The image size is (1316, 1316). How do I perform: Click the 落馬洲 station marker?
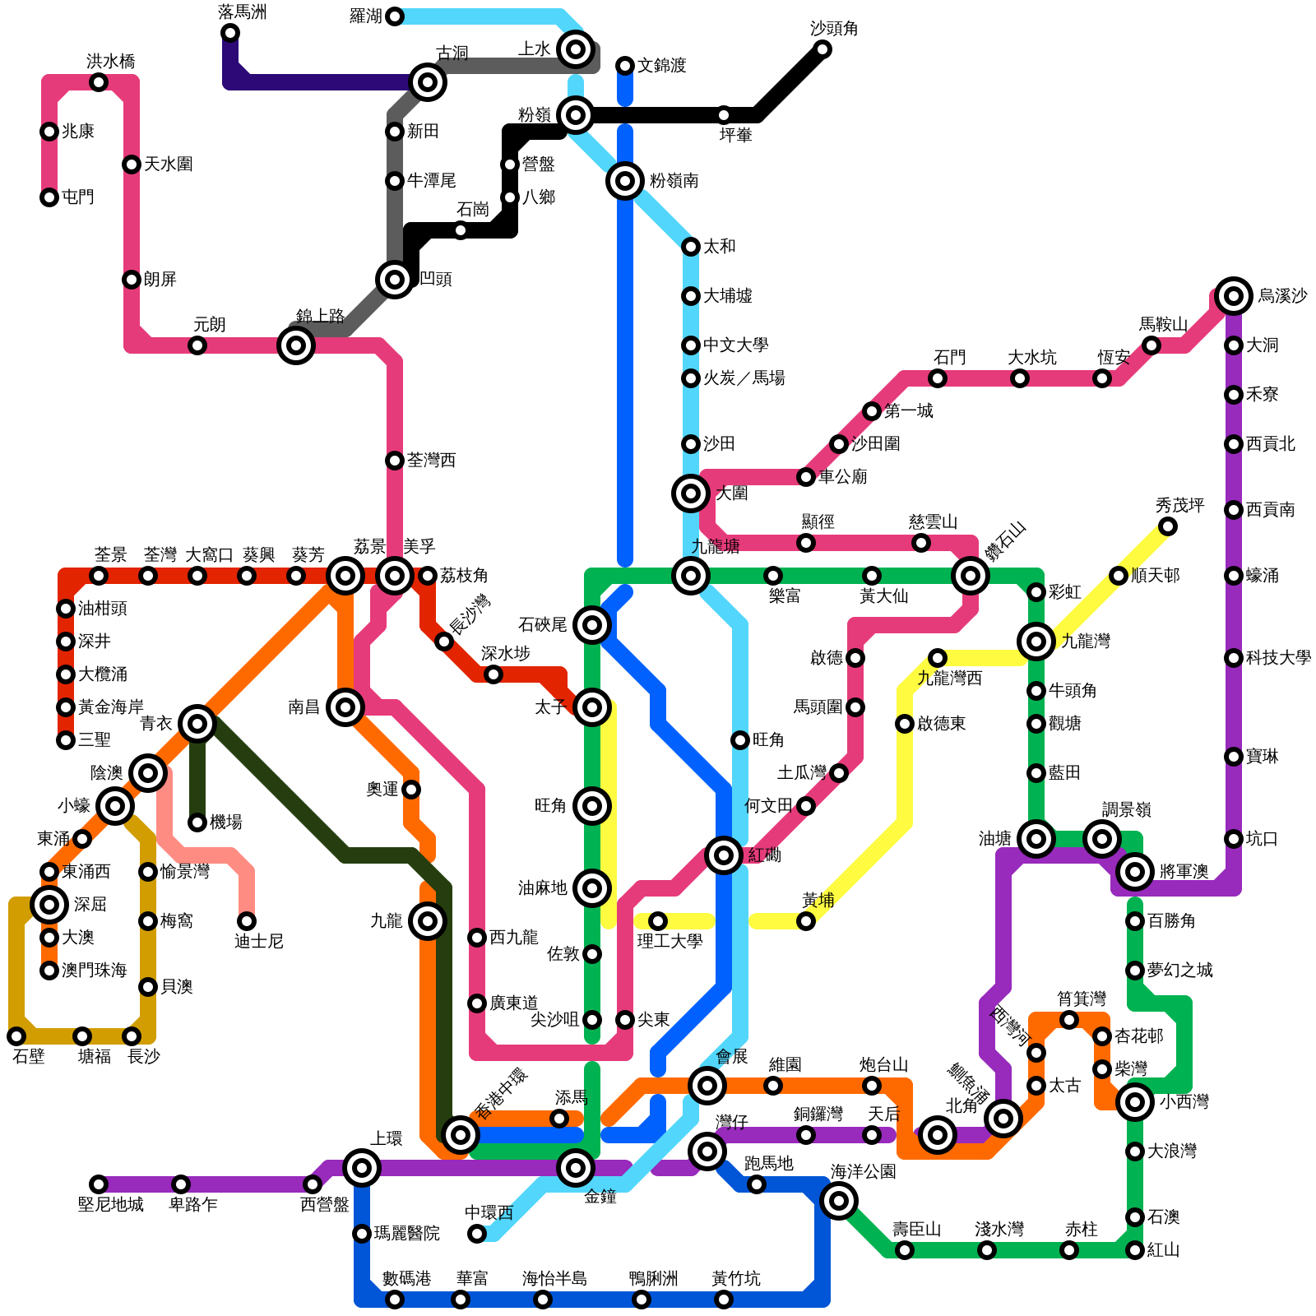[x=230, y=33]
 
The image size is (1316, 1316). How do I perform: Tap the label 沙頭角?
[x=833, y=29]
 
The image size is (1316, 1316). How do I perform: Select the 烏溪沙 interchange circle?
[x=1234, y=295]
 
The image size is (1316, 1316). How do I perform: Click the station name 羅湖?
[x=365, y=16]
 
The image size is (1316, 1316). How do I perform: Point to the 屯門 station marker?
[x=49, y=197]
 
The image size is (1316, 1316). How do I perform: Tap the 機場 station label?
[x=226, y=822]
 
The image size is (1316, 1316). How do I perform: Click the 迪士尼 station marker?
[x=247, y=921]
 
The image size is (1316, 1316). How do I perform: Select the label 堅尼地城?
[x=110, y=1205]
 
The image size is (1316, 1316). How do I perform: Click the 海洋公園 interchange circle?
[x=839, y=1201]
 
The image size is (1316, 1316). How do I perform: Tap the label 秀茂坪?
[x=1179, y=505]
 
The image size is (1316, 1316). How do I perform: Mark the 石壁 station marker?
[x=16, y=1036]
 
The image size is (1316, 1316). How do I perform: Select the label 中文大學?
[x=735, y=345]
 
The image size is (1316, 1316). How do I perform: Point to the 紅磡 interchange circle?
[x=724, y=855]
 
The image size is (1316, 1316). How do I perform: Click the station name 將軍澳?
[x=1184, y=872]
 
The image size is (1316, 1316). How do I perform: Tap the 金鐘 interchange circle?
[x=576, y=1168]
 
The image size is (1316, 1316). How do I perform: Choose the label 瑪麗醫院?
[x=406, y=1234]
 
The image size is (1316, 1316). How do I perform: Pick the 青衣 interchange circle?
[x=197, y=724]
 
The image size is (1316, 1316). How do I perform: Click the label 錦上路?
[x=320, y=316]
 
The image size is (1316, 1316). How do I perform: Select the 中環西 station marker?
[x=477, y=1234]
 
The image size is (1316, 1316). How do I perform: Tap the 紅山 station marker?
[x=1135, y=1250]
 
